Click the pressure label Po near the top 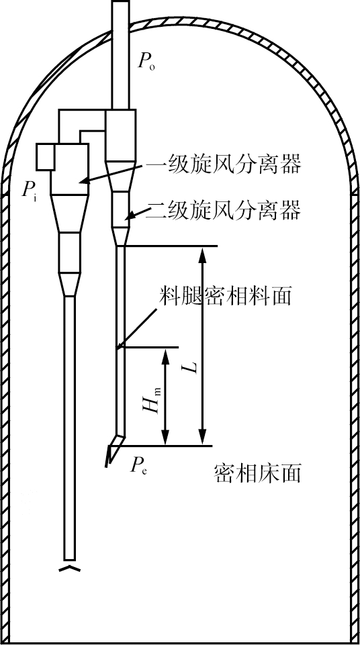tap(146, 62)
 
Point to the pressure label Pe tap(138, 465)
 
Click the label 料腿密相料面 tap(226, 296)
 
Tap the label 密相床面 tap(258, 473)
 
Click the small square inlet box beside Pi tap(45, 157)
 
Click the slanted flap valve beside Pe tap(110, 455)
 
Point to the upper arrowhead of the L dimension tap(201, 256)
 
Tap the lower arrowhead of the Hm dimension tap(165, 437)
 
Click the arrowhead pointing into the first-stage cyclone tap(85, 179)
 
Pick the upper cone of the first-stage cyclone tap(70, 213)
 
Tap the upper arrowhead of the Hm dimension tap(165, 356)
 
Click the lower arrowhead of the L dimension tap(201, 437)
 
